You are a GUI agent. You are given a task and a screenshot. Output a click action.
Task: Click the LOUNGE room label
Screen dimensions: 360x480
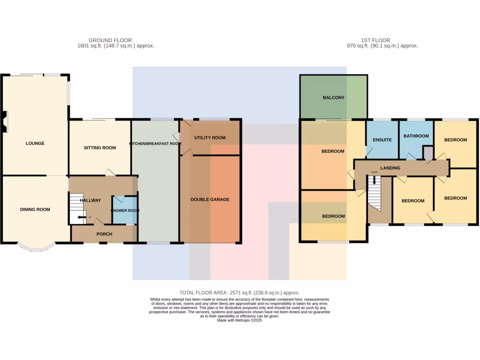[x=35, y=143]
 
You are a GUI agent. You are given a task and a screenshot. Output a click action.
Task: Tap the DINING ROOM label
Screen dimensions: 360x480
[x=35, y=210]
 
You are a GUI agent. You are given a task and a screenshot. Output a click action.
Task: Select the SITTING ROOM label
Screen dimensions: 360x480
[x=99, y=148]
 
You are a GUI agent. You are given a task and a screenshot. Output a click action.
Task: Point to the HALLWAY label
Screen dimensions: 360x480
[x=90, y=200]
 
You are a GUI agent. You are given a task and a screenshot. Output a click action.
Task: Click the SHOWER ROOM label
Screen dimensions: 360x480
[x=125, y=210]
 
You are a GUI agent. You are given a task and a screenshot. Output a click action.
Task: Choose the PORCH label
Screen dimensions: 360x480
[x=104, y=234]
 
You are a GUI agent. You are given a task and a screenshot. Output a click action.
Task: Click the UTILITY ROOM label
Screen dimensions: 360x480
[x=210, y=138]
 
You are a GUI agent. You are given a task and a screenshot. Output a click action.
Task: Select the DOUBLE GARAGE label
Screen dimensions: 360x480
[x=210, y=199]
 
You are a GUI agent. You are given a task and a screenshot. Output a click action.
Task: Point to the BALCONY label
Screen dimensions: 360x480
[x=333, y=97]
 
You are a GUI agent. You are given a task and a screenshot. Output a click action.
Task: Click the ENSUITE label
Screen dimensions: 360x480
[x=382, y=140]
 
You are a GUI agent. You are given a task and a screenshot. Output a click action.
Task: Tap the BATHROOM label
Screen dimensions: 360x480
[x=416, y=136]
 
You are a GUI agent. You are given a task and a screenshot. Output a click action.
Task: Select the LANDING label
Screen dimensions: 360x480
[x=390, y=168]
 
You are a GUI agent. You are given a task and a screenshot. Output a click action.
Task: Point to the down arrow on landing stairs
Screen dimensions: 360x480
[x=374, y=180]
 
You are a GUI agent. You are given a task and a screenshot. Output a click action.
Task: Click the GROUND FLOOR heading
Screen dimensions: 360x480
[x=110, y=40]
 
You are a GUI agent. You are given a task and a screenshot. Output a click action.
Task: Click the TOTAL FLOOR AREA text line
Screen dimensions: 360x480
[x=239, y=292]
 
